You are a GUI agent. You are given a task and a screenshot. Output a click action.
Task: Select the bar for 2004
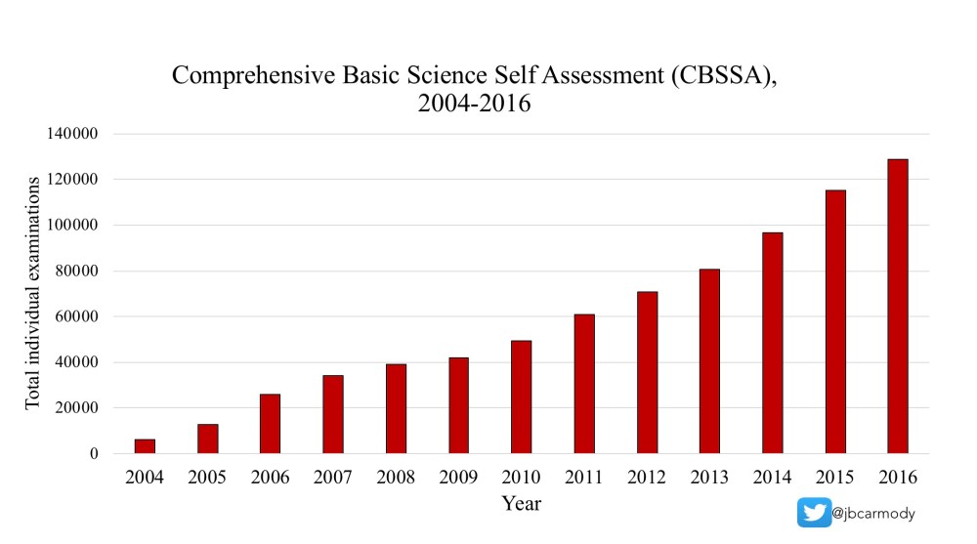[x=145, y=446]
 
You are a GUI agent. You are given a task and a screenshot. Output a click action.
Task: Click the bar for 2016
[x=897, y=307]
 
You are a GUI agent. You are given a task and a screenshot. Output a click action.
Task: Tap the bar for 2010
[x=521, y=398]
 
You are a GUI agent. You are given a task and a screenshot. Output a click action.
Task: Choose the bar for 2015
[x=834, y=322]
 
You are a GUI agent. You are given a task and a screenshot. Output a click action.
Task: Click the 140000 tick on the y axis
[x=70, y=134]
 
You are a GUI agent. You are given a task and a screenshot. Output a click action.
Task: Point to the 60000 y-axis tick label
[x=74, y=316]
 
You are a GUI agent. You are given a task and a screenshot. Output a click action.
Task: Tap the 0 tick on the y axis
[x=93, y=454]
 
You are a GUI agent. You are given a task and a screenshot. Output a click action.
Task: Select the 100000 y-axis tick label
[x=70, y=225]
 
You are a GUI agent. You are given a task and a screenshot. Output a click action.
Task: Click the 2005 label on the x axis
[x=207, y=478]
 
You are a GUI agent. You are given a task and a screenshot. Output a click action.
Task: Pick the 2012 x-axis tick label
[x=647, y=478]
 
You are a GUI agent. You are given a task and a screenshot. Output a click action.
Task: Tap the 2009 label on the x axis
[x=458, y=478]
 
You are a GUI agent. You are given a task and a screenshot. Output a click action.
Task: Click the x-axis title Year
[x=521, y=504]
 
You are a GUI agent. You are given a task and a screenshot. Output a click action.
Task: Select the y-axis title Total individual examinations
[x=33, y=293]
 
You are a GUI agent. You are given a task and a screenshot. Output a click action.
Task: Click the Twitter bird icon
[x=813, y=513]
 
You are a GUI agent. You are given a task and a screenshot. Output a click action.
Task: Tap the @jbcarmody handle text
[x=873, y=513]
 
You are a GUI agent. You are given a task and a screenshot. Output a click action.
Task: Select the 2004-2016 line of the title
[x=474, y=103]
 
